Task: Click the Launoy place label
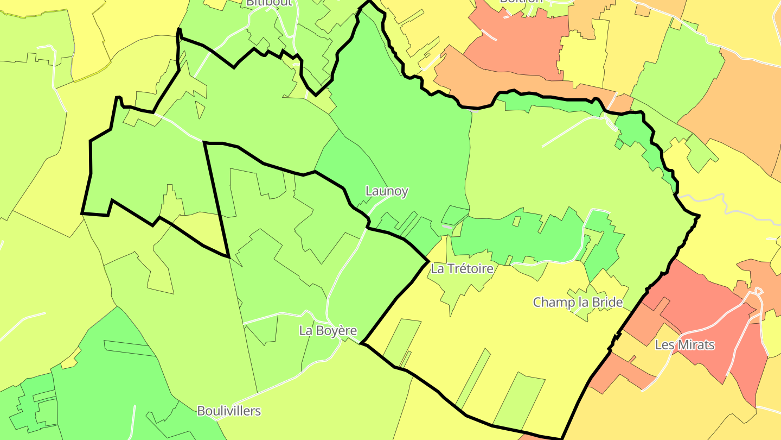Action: (387, 191)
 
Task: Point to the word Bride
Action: (607, 302)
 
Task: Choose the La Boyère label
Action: (328, 330)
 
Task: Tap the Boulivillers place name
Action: (229, 411)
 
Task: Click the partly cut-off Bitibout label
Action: (269, 3)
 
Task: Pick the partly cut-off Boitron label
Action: (521, 2)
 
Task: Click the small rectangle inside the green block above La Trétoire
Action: (517, 222)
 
